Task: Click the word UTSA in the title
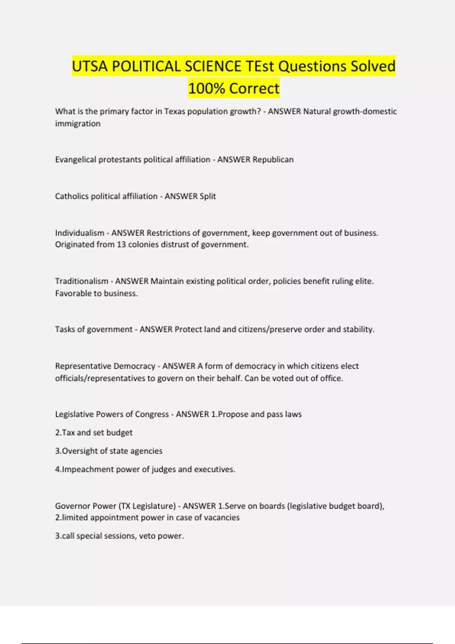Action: [89, 66]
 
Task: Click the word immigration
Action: [78, 123]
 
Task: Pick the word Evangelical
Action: [75, 159]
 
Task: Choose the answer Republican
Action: [273, 159]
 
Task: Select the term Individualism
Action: [80, 233]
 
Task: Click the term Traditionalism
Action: [82, 281]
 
